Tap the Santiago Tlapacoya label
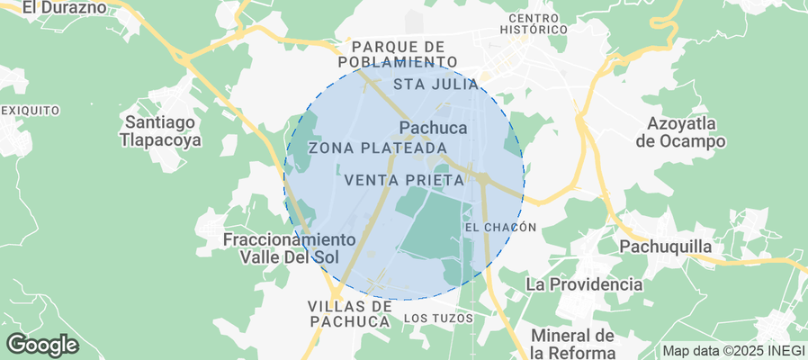162,130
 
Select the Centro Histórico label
537,23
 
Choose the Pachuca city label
433,128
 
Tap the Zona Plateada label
378,148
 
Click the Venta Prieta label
404,180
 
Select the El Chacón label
501,228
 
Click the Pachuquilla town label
666,247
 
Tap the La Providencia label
584,284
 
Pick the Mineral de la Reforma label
572,343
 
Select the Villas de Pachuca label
350,313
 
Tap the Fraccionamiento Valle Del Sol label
289,248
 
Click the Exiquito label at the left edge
30,110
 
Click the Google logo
41,344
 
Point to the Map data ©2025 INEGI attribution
732,350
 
